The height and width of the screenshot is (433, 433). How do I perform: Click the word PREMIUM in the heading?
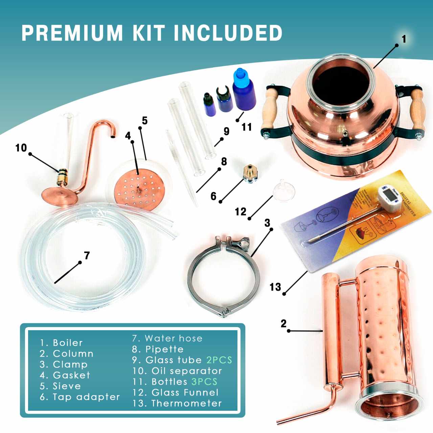(72, 33)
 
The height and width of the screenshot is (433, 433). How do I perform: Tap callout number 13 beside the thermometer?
(275, 287)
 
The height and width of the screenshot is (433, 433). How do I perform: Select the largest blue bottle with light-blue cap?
(244, 92)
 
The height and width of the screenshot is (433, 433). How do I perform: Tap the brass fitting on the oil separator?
(62, 176)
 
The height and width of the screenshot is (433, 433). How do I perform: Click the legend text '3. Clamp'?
(63, 364)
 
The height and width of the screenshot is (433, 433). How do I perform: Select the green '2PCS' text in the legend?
(219, 360)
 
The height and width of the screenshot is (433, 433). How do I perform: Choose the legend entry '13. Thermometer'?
(177, 403)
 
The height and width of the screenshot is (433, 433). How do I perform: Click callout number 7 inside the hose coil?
(87, 255)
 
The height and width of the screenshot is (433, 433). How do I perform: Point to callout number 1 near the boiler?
(404, 39)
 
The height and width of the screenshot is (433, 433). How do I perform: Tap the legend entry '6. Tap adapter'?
(79, 397)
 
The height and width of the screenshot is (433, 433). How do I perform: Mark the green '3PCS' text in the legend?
(204, 382)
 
